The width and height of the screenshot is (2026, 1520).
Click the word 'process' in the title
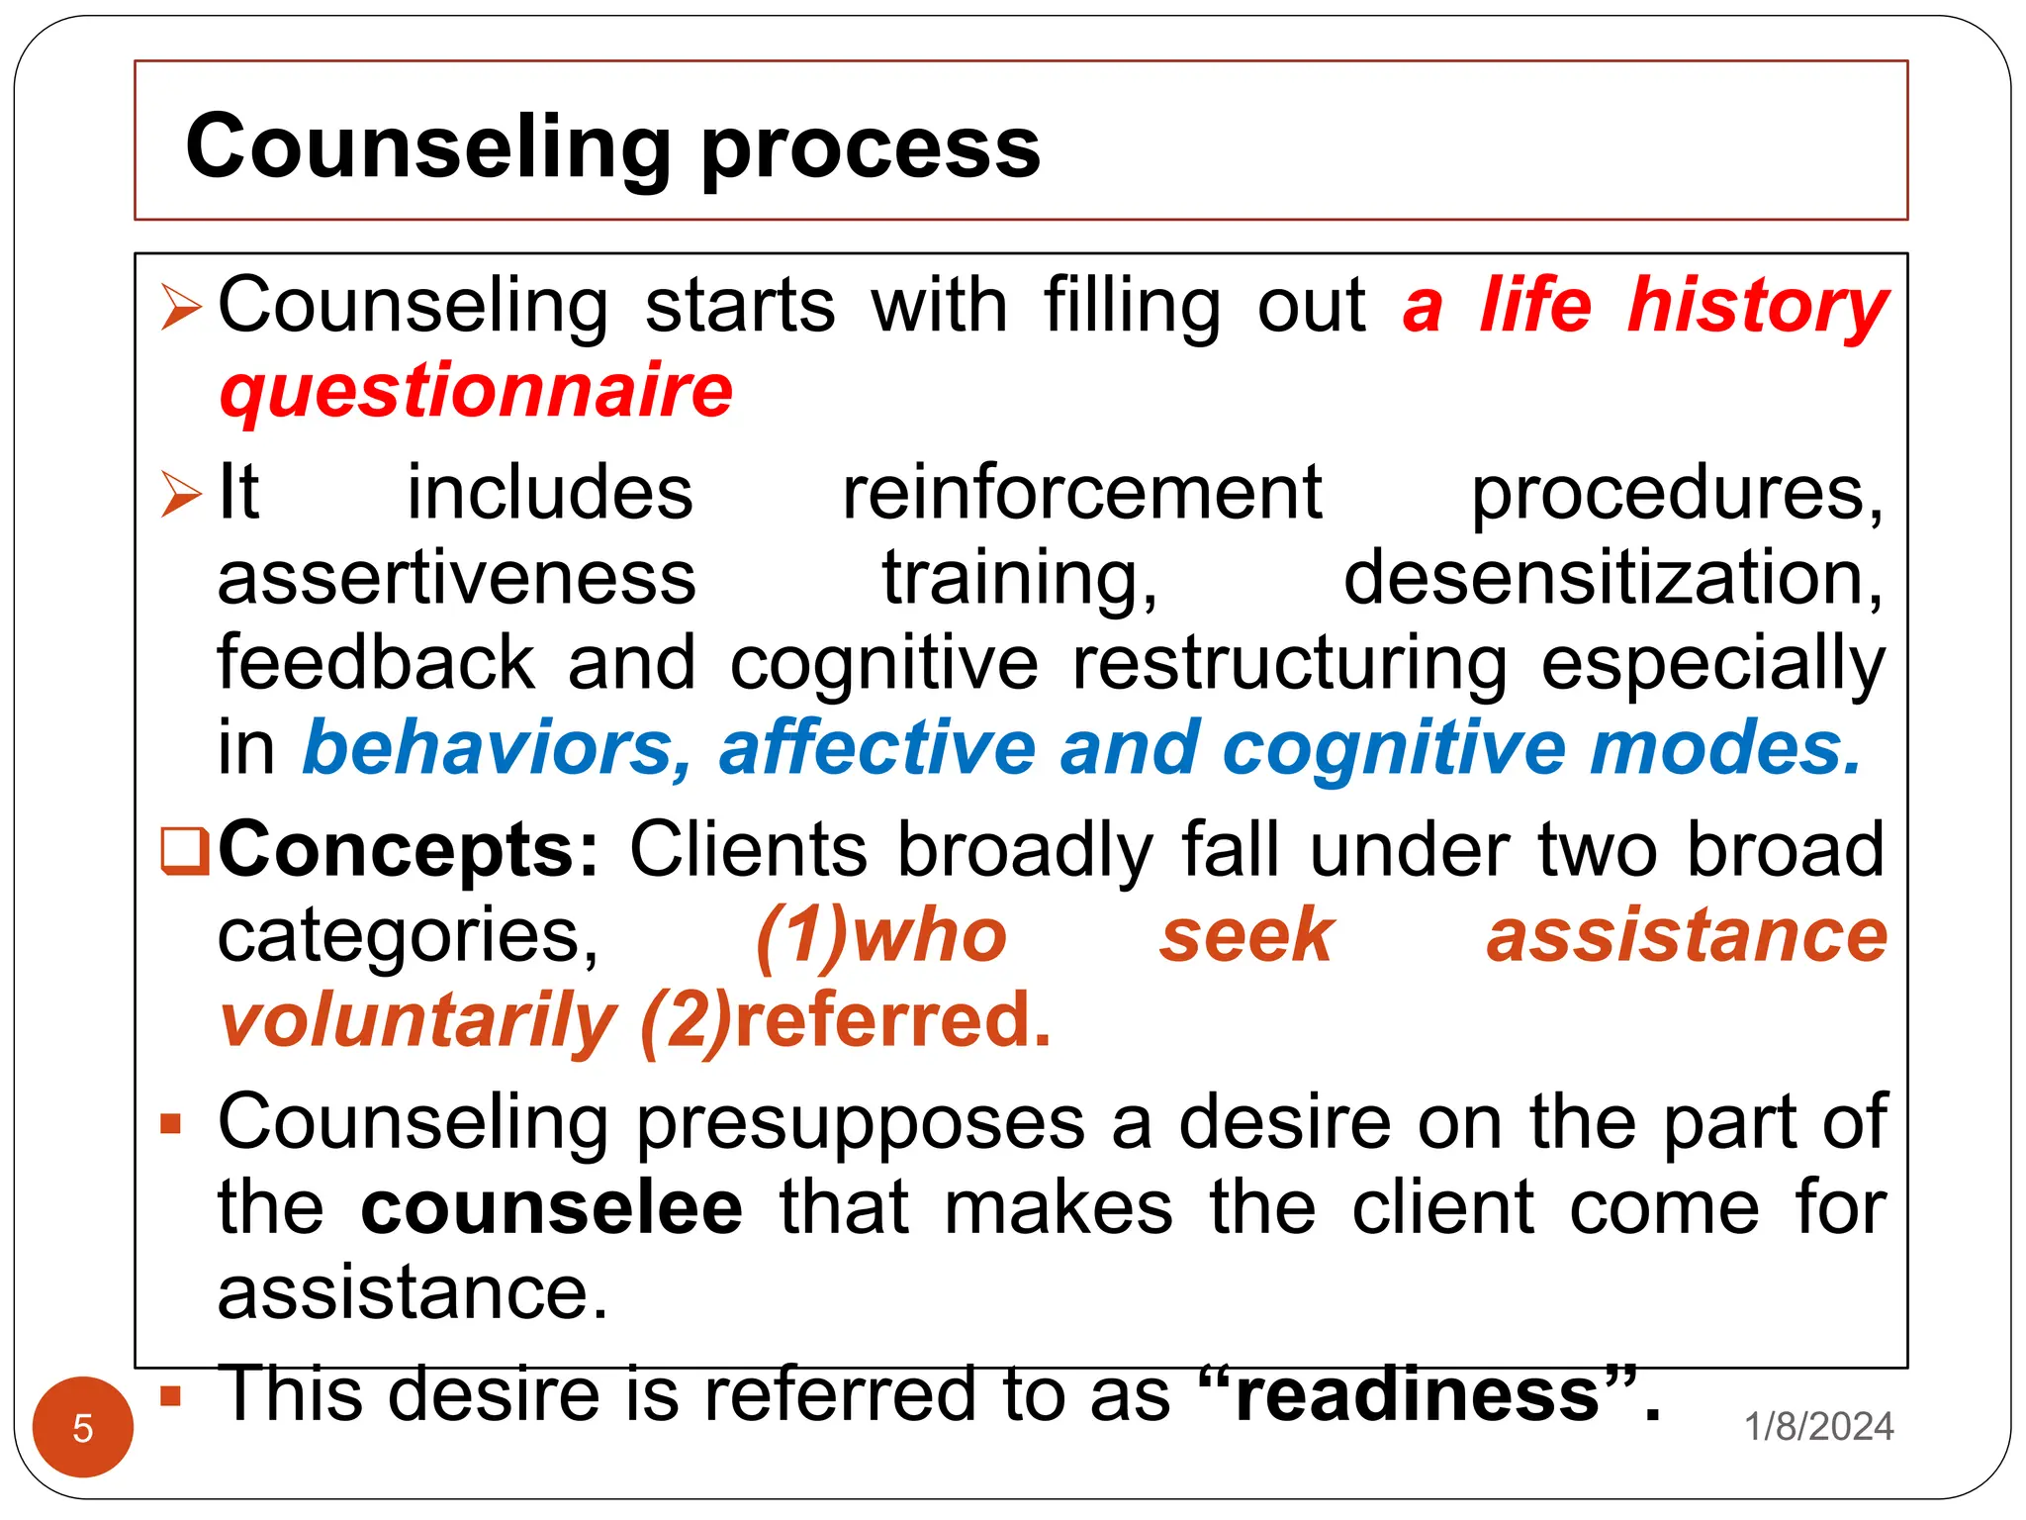tap(870, 149)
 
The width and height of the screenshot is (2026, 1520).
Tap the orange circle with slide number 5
tap(83, 1427)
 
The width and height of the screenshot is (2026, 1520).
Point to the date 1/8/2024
tap(1818, 1426)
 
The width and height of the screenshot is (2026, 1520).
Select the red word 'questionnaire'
tap(476, 393)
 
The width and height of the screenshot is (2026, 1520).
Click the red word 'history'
tap(1758, 307)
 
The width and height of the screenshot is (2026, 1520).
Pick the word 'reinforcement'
tap(1081, 493)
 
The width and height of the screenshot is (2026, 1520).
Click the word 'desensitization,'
tap(1613, 578)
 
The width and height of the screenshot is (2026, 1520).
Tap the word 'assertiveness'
tap(456, 578)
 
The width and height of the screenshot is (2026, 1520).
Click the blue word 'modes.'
tap(1726, 748)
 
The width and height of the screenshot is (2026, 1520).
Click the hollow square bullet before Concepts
tap(185, 850)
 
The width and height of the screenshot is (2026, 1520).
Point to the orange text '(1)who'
tap(880, 935)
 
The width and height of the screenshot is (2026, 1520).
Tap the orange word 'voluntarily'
tap(418, 1021)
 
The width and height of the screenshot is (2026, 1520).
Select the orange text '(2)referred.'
tap(846, 1021)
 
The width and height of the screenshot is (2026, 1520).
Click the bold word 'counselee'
tap(551, 1207)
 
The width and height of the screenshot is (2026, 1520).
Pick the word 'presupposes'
tap(861, 1122)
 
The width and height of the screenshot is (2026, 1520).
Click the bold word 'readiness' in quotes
tap(1417, 1394)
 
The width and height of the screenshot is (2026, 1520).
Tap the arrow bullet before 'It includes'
tap(182, 494)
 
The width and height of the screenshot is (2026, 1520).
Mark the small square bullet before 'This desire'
tap(171, 1396)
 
